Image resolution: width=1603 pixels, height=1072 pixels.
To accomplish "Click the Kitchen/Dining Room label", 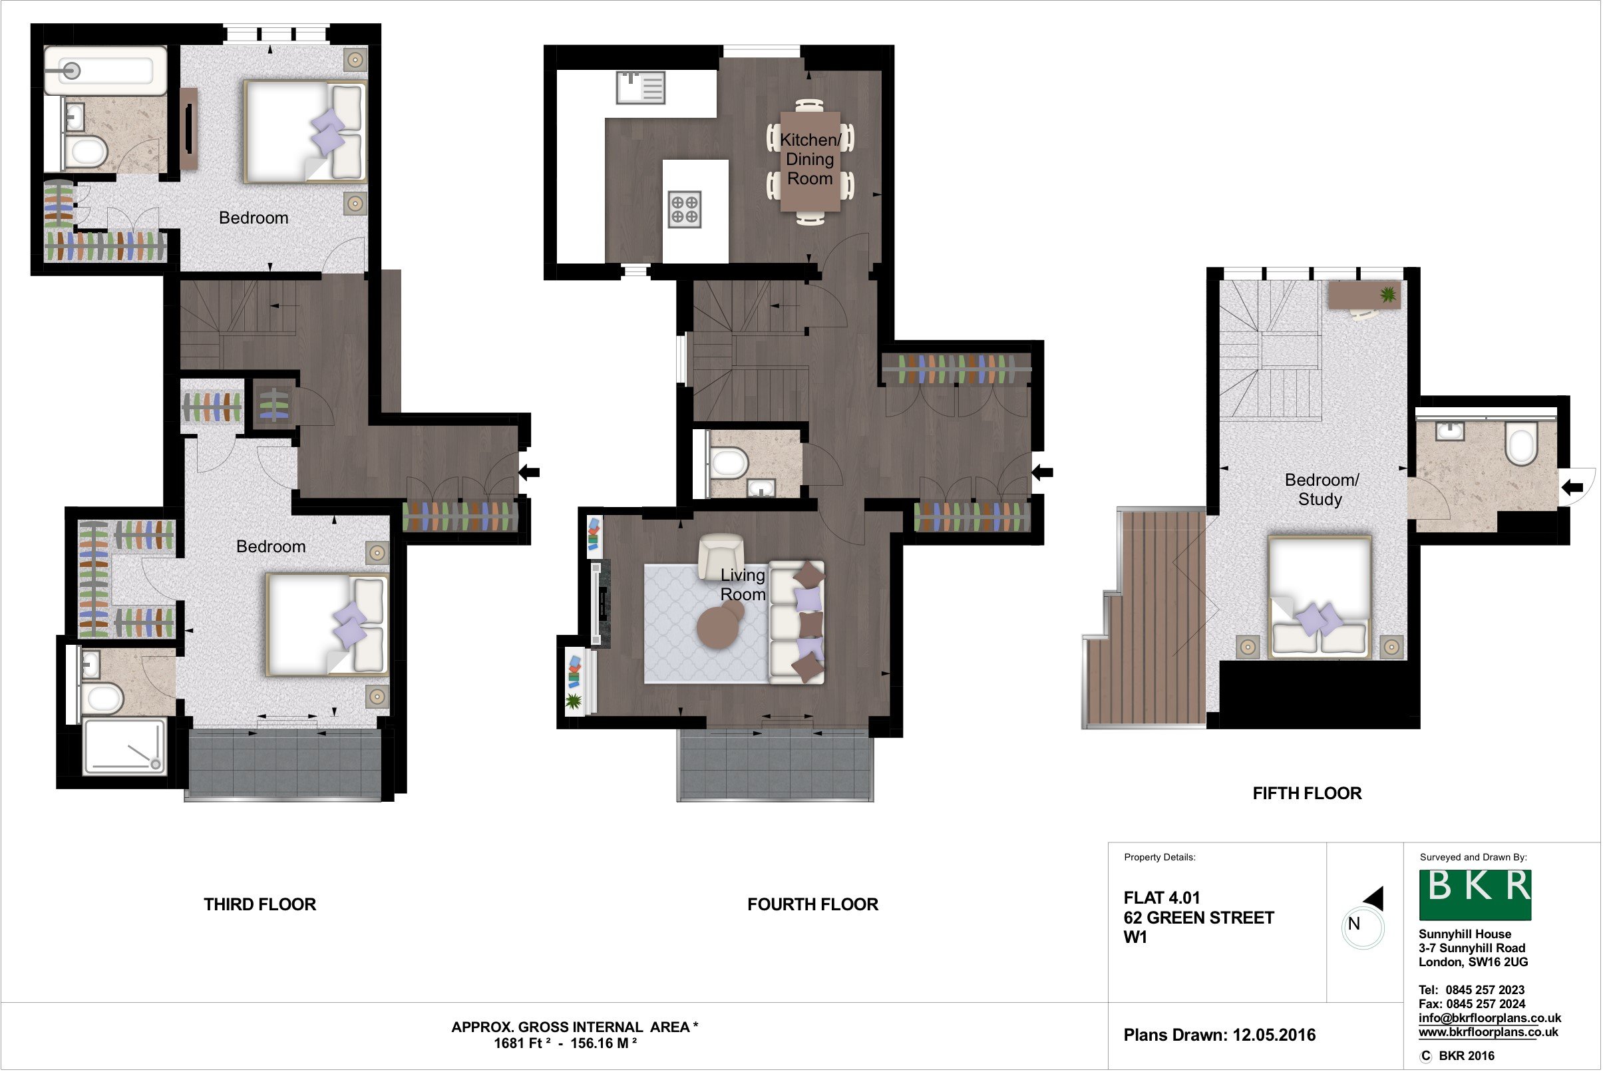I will pyautogui.click(x=810, y=158).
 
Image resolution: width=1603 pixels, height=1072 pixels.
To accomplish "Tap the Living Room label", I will pyautogui.click(x=743, y=584).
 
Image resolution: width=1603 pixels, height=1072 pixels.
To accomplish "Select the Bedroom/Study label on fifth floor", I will pyautogui.click(x=1321, y=490).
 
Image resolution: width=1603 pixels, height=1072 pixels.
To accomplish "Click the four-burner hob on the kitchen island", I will pyautogui.click(x=684, y=209).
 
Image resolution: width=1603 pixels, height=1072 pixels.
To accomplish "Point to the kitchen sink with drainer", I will pyautogui.click(x=641, y=88).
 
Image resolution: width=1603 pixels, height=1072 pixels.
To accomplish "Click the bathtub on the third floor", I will pyautogui.click(x=106, y=71).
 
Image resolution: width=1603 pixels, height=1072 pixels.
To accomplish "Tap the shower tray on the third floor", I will pyautogui.click(x=124, y=746).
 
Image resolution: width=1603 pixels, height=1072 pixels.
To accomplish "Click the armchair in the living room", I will pyautogui.click(x=721, y=555).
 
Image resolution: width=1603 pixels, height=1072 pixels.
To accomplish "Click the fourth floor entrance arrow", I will pyautogui.click(x=1043, y=472).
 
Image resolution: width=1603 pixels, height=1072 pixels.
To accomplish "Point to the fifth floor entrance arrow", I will pyautogui.click(x=1573, y=488).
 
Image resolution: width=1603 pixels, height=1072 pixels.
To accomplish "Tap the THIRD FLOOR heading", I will pyautogui.click(x=260, y=904).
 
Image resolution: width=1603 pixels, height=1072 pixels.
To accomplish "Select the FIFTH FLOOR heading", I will pyautogui.click(x=1307, y=793).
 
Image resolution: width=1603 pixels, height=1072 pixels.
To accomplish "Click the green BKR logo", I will pyautogui.click(x=1475, y=894).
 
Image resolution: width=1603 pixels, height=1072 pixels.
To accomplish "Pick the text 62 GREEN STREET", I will pyautogui.click(x=1199, y=918).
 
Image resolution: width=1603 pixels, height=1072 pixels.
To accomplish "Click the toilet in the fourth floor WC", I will pyautogui.click(x=728, y=463).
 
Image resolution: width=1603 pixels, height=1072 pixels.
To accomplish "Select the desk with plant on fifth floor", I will pyautogui.click(x=1364, y=296).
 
